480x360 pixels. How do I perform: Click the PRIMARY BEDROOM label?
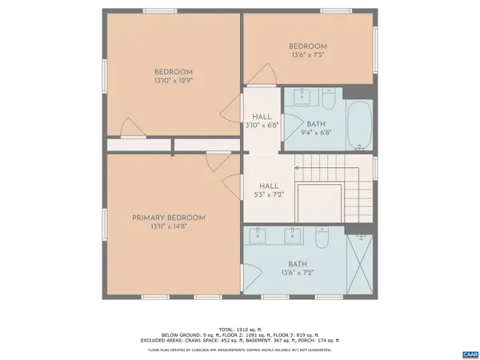[x=169, y=218]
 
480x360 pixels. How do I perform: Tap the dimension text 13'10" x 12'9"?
[x=174, y=80]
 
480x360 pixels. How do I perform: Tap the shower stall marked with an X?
[x=361, y=264]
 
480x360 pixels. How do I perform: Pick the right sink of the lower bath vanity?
[x=294, y=234]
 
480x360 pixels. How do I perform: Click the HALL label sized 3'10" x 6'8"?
[x=262, y=120]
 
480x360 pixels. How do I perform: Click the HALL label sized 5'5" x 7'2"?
[x=268, y=190]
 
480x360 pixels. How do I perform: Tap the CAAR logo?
[x=469, y=353]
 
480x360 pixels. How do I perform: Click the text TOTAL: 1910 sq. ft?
[x=240, y=328]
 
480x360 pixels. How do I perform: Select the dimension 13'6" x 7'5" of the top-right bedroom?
[x=308, y=56]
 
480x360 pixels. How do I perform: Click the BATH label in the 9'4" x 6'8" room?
[x=315, y=124]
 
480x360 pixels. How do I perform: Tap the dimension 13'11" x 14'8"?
[x=169, y=227]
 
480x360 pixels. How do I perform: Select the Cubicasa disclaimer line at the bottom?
[x=240, y=350]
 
